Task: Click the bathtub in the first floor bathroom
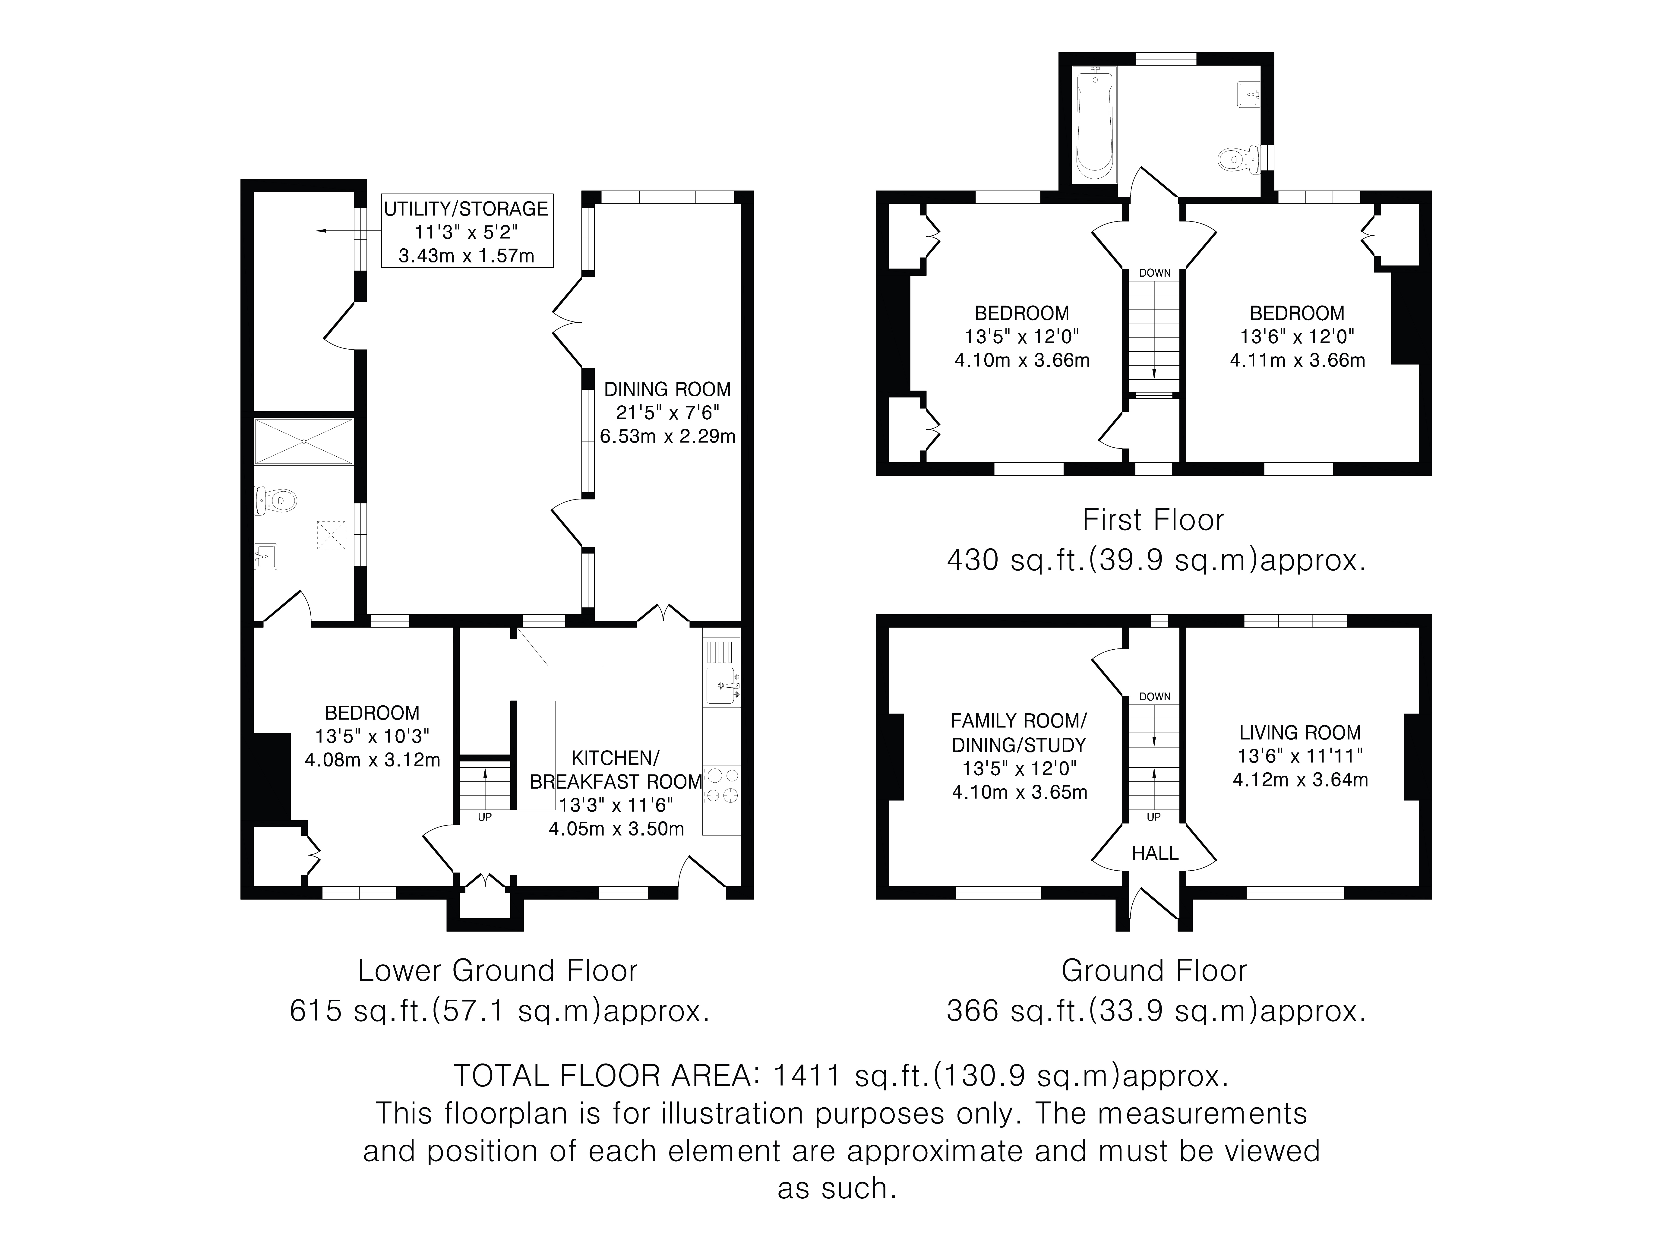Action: click(x=1094, y=124)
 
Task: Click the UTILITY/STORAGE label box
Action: click(x=466, y=231)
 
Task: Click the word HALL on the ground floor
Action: click(x=1154, y=853)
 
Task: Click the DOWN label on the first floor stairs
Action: click(x=1154, y=273)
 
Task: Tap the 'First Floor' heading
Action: click(x=1153, y=520)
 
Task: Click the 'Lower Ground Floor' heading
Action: click(x=498, y=970)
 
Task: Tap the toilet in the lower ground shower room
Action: click(x=276, y=499)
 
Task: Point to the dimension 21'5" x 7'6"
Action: click(x=667, y=412)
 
